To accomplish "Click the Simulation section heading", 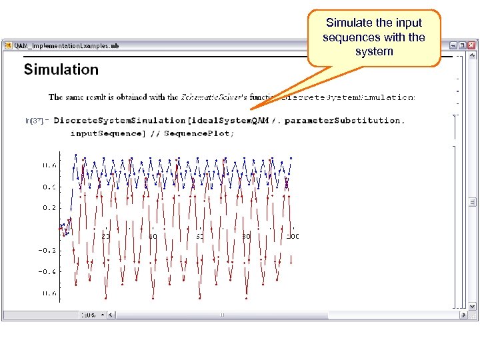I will coord(61,69).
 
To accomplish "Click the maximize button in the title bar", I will coord(463,45).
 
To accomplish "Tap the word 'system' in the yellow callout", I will coord(374,51).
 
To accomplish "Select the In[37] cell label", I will coord(34,121).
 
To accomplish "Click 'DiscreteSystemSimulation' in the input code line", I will coord(119,121).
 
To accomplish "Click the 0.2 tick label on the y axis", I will coord(49,207).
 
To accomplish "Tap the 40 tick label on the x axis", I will coord(153,236).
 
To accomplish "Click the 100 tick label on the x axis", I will coord(292,236).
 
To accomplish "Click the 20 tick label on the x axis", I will coord(105,236).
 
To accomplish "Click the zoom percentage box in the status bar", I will coord(89,315).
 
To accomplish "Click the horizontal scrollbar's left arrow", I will coord(112,315).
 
